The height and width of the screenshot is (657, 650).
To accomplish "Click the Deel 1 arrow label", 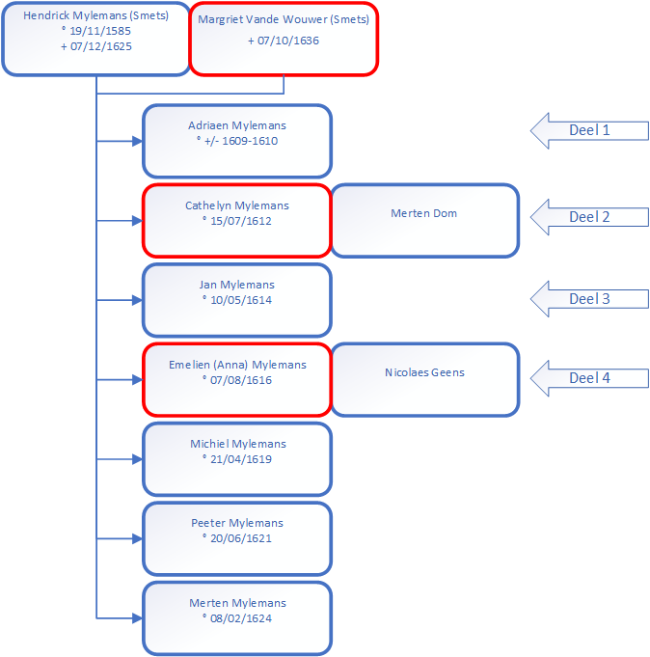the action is (589, 130).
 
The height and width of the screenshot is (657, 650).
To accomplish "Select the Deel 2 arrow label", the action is (589, 217).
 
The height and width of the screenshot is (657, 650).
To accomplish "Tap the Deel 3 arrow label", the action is (589, 299).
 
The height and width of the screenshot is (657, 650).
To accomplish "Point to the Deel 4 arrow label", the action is (589, 378).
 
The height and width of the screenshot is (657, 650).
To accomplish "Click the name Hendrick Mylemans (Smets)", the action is (95, 15).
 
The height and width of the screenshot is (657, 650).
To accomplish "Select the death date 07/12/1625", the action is (101, 46).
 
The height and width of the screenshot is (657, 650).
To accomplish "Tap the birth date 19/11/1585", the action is (100, 31).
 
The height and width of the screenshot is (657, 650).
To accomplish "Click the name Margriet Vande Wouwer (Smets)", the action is (284, 19).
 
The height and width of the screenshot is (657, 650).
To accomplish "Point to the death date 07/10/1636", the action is (288, 41).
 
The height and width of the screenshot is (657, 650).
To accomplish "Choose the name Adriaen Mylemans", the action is (237, 125).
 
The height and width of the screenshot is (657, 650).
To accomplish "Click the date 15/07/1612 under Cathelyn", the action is (241, 221).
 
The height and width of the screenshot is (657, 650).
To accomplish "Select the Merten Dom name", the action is (423, 213).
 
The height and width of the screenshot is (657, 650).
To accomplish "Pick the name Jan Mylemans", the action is (237, 285).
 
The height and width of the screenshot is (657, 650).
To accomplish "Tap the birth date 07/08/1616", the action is (241, 380).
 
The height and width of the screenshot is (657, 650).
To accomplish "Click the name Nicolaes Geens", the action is (424, 372).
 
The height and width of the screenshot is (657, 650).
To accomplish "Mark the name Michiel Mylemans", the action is (238, 444).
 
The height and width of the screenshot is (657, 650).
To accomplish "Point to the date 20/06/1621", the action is (241, 538).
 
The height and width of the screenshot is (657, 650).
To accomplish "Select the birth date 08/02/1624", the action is (241, 618).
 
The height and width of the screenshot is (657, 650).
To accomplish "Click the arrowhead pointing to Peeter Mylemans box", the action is (137, 538).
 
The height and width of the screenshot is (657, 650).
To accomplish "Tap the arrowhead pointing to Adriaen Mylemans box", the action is (137, 141).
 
